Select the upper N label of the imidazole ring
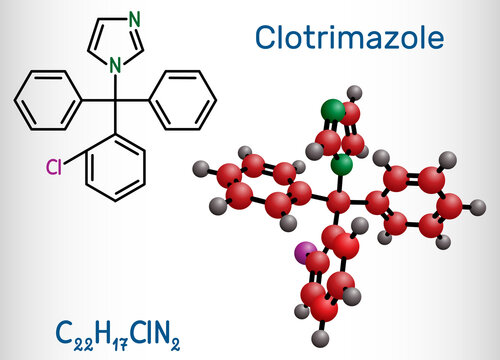click(x=135, y=18)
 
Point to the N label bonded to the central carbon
click(x=116, y=66)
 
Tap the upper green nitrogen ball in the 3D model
click(x=330, y=109)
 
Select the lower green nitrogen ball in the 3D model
click(x=342, y=164)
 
